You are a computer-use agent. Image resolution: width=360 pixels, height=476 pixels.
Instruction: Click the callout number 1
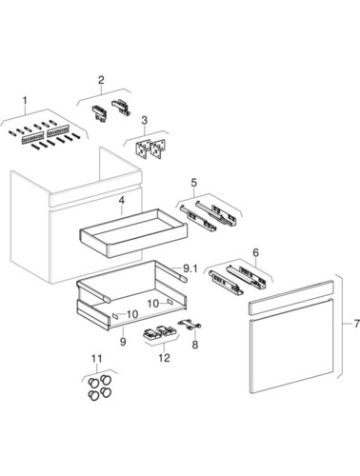tap(25, 101)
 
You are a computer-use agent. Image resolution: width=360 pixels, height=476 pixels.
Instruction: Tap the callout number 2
tap(101, 80)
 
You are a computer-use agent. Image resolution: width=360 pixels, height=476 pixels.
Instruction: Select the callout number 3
tap(145, 120)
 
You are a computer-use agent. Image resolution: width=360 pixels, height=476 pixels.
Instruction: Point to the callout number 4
tap(121, 200)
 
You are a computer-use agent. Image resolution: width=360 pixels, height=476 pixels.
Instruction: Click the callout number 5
tap(194, 183)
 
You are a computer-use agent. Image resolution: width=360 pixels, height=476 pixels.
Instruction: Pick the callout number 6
tap(256, 252)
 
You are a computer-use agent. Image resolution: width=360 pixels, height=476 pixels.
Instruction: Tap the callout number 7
tap(356, 324)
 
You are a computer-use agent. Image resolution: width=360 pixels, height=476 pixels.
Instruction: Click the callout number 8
tap(195, 345)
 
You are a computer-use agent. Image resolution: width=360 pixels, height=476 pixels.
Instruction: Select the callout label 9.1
tap(190, 269)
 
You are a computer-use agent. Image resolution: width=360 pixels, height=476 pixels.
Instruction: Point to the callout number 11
tap(97, 359)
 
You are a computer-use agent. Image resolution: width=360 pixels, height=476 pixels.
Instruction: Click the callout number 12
tap(165, 358)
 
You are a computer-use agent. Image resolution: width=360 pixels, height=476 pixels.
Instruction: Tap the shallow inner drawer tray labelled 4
tap(133, 232)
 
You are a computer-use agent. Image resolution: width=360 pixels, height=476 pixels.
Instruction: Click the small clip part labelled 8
tap(190, 325)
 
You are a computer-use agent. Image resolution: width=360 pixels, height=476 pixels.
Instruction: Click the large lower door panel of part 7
tap(291, 346)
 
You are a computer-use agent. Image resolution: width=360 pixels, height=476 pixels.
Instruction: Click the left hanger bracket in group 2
tap(99, 113)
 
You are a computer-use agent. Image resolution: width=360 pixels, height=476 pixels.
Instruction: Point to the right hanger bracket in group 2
tap(121, 108)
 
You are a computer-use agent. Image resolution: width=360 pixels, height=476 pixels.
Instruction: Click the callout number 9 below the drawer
tap(123, 342)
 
